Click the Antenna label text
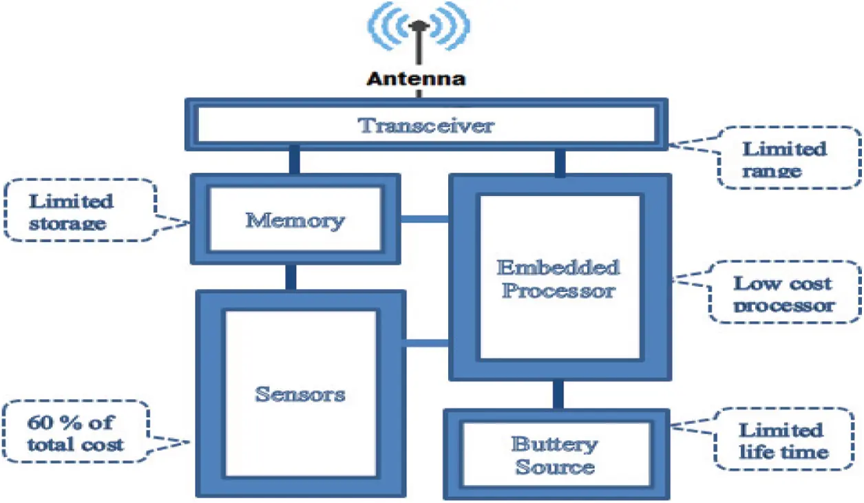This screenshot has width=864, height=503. (x=416, y=78)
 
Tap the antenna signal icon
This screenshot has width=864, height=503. (x=417, y=31)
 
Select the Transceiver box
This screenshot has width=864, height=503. (x=425, y=125)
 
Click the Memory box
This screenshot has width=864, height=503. (x=295, y=220)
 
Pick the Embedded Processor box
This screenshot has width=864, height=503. (x=559, y=277)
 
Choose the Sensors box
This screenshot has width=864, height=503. (x=300, y=394)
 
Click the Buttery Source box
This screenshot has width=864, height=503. (x=555, y=455)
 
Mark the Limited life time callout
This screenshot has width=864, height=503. (x=783, y=440)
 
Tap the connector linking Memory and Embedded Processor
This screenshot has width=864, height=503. (x=425, y=220)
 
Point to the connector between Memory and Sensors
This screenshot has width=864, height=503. (x=290, y=277)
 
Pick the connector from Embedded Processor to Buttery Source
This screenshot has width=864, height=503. (x=558, y=395)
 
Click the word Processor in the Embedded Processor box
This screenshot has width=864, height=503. (x=558, y=290)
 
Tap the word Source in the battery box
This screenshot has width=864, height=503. (x=555, y=467)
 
